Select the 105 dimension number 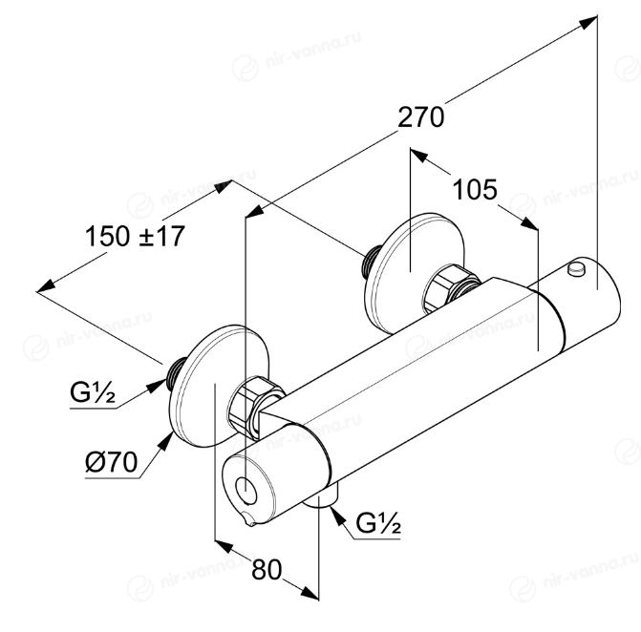475,190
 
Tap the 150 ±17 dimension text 134,234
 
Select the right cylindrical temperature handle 579,305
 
